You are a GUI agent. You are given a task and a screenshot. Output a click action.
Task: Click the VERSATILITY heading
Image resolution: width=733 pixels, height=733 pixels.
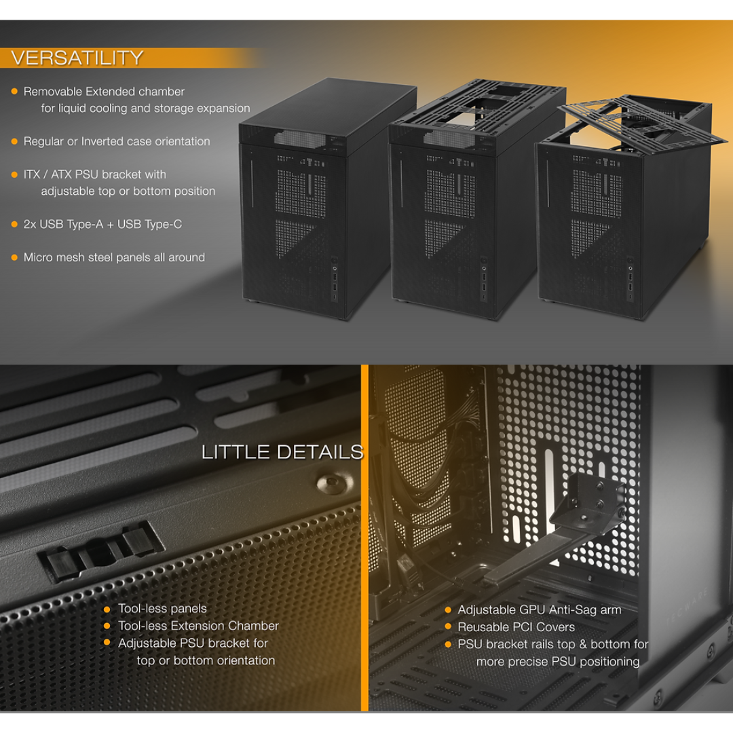(x=77, y=58)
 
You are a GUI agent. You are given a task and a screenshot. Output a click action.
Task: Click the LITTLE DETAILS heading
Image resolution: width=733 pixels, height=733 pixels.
(x=282, y=452)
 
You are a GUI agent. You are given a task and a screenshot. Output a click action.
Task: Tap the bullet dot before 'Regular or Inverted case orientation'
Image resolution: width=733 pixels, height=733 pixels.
(x=14, y=141)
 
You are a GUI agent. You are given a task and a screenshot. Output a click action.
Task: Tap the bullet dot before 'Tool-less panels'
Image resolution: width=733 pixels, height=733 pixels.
(x=107, y=609)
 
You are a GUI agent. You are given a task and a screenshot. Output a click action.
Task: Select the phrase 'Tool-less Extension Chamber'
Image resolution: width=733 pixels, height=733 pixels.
(x=198, y=626)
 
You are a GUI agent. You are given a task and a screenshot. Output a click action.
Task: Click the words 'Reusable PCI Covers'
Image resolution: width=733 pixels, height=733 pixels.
(x=516, y=627)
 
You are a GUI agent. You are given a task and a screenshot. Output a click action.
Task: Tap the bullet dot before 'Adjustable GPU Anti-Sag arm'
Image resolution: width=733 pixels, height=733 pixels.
(x=448, y=610)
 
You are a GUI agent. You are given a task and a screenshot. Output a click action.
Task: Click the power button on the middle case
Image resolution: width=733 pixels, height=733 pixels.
(x=483, y=261)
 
